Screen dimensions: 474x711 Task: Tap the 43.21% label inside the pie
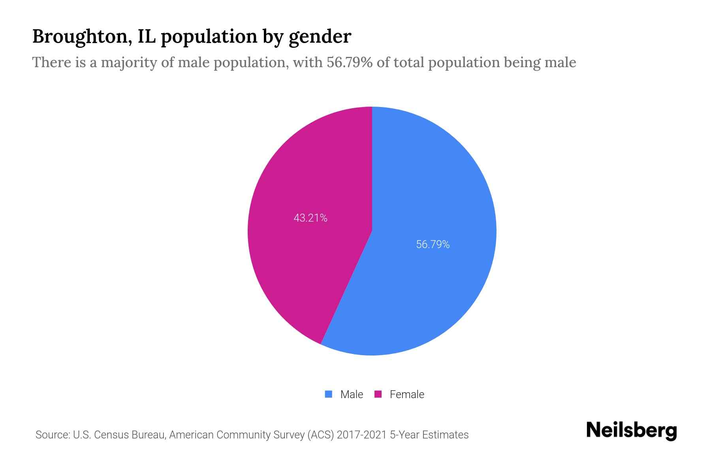310,218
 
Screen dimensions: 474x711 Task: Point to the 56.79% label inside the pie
433,245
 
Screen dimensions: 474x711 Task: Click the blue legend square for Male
329,394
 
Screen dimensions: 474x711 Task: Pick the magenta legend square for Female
378,394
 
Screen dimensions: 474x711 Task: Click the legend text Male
352,394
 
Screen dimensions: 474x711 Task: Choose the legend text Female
407,394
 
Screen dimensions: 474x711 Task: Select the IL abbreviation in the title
147,36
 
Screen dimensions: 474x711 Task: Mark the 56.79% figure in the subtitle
349,62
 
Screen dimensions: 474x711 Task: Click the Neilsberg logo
631,431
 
